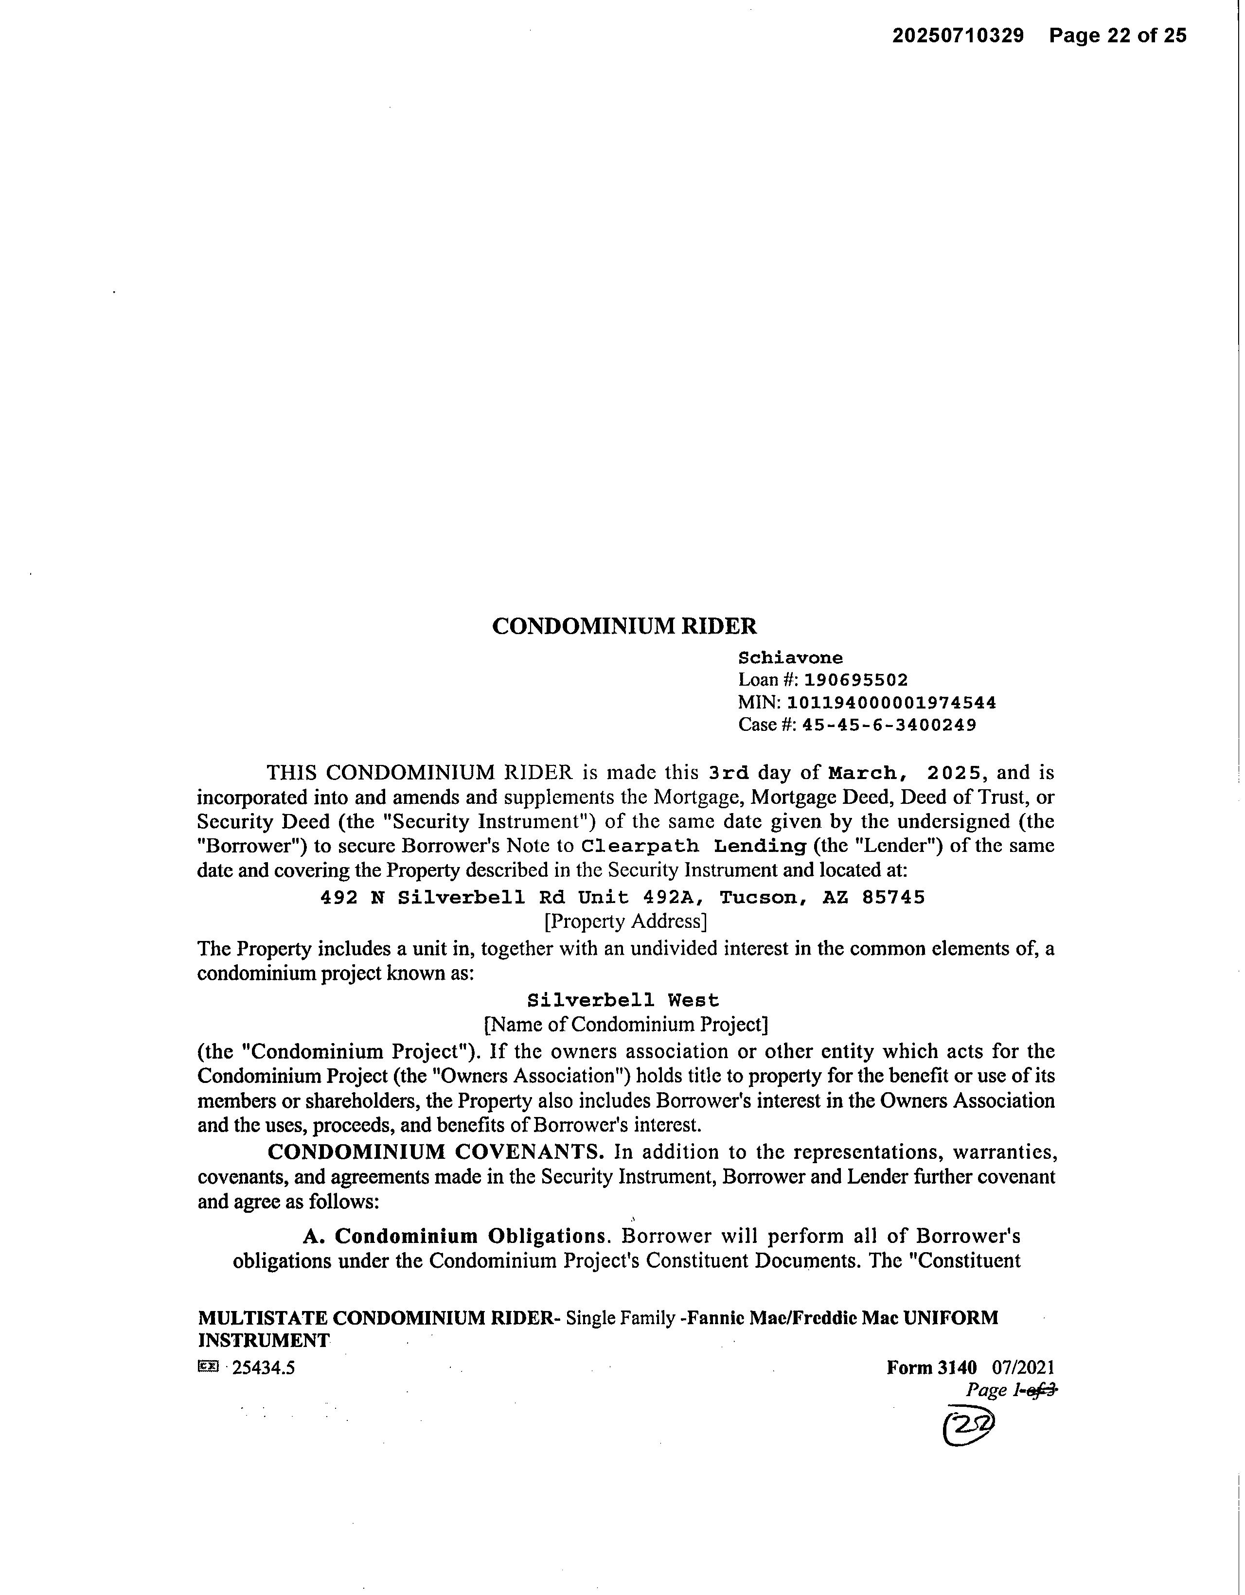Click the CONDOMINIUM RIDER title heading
pyautogui.click(x=624, y=626)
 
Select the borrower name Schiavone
pyautogui.click(x=790, y=657)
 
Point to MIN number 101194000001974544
pyautogui.click(x=891, y=703)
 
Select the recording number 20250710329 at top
pyautogui.click(x=957, y=36)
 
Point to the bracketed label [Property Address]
pyautogui.click(x=626, y=921)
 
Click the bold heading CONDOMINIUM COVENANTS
pyautogui.click(x=435, y=1152)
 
